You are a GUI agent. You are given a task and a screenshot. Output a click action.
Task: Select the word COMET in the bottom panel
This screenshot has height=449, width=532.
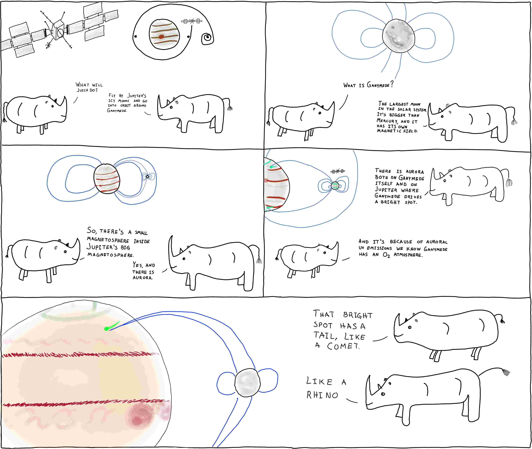coord(343,346)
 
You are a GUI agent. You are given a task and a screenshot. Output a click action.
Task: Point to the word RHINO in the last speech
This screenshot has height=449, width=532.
coord(322,395)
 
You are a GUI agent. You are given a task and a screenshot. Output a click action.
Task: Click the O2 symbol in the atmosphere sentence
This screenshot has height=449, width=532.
coord(386,255)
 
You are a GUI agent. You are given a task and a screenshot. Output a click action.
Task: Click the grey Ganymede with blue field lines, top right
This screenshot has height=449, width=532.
coord(399,36)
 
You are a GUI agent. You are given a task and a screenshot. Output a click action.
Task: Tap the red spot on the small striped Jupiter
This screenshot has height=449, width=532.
coord(161,37)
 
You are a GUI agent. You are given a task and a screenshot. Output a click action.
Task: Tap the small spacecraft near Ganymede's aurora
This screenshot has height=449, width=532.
coord(338,171)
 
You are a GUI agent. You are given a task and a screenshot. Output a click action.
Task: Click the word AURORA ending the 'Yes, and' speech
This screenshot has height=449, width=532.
coord(142,278)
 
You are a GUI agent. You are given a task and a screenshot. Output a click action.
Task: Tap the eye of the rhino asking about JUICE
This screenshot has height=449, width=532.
coord(52,106)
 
